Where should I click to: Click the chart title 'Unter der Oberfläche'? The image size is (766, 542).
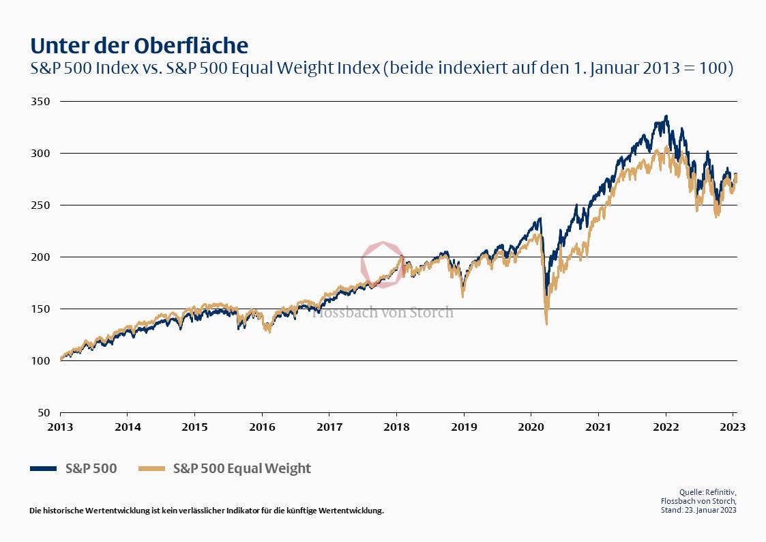point(139,45)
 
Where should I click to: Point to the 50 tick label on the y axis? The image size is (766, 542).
point(44,412)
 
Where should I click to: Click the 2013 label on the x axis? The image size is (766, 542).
point(60,428)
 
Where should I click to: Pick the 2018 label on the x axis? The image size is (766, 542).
point(396,428)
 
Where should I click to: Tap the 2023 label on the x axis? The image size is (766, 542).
point(733,428)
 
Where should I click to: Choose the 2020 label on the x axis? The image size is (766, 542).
point(531,428)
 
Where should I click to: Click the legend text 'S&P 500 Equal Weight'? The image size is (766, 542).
point(242,468)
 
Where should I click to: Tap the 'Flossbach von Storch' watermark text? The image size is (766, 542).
point(383,313)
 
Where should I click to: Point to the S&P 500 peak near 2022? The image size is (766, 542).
point(666,117)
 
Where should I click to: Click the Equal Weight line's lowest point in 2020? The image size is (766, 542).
point(546,324)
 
